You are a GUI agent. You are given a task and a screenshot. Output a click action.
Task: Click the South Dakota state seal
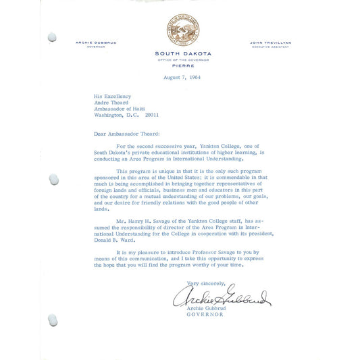point(182,30)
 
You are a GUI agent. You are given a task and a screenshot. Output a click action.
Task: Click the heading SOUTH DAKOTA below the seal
point(183,53)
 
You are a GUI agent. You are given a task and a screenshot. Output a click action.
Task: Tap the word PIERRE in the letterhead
point(183,66)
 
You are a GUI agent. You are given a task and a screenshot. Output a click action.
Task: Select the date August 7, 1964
point(182,77)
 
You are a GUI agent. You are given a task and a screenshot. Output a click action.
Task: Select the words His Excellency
point(112,96)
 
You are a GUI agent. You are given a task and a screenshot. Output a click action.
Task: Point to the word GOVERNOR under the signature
point(206,315)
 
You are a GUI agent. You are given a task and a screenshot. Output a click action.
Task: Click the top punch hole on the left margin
point(51,37)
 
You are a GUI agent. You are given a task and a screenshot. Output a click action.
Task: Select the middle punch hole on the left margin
point(53,179)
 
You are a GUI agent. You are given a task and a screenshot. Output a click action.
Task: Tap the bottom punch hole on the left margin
point(52,319)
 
